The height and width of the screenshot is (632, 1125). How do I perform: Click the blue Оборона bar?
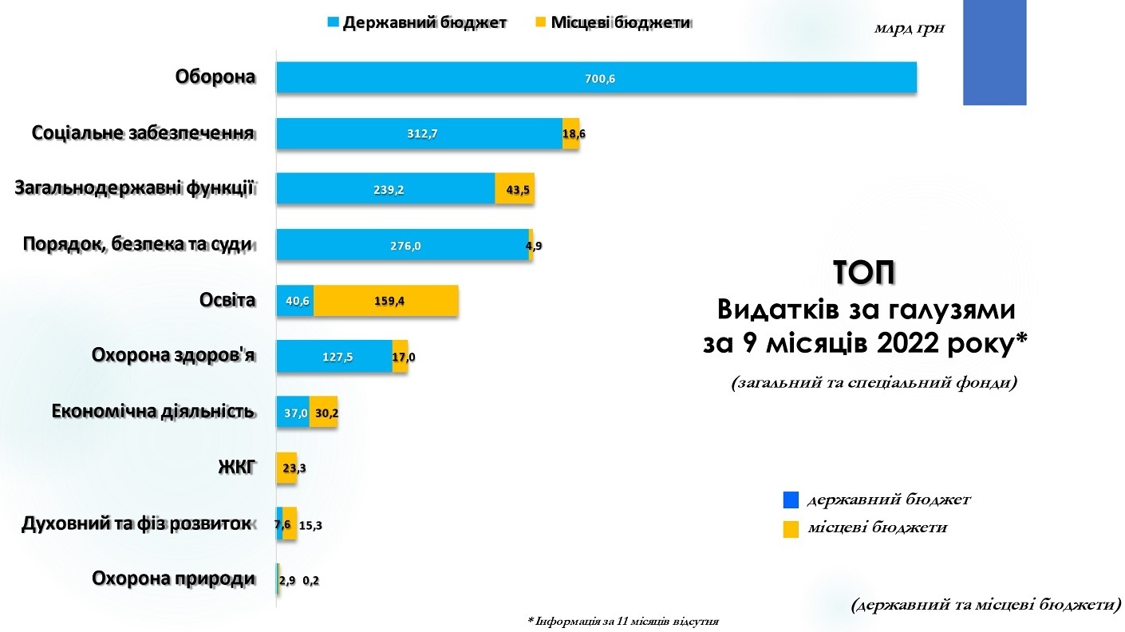tap(596, 77)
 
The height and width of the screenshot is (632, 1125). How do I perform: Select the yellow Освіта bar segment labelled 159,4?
tap(386, 301)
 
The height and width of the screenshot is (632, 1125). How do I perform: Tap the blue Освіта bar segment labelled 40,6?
tap(294, 301)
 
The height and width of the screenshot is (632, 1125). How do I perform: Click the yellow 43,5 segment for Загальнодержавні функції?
tap(514, 189)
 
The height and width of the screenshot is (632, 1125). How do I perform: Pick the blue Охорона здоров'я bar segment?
tap(334, 357)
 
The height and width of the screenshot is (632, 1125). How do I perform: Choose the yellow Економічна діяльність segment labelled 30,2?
tap(323, 413)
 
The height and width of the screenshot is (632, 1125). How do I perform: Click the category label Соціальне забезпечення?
tap(144, 132)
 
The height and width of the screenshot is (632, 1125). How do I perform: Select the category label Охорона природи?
tap(174, 579)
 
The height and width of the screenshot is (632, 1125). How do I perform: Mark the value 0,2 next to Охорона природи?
tap(311, 580)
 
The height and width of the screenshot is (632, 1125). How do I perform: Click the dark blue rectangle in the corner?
tap(994, 53)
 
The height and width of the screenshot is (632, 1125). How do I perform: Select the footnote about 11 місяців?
tap(628, 620)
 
